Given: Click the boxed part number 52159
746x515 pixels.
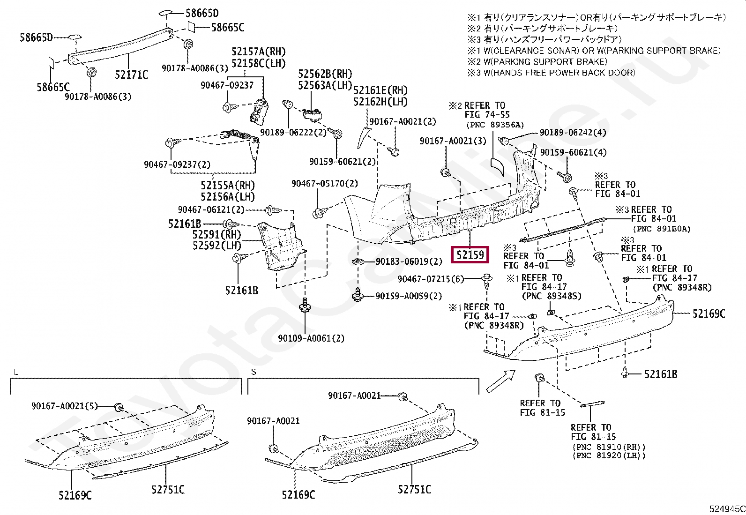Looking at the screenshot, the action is point(470,255).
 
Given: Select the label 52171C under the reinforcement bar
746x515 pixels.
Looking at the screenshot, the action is point(131,75).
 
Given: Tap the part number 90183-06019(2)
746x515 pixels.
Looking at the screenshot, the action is point(409,261).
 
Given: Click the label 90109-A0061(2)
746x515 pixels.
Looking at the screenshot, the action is point(311,338).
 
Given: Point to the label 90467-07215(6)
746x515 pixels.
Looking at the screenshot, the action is point(431,279).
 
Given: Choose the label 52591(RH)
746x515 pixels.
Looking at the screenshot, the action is point(216,234).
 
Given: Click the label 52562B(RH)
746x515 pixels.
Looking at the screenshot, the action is point(325,74).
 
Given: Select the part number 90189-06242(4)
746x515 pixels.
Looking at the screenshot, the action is point(573,133).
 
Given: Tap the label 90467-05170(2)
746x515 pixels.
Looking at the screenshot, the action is point(325,184).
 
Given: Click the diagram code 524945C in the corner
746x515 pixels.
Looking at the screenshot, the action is point(727,509).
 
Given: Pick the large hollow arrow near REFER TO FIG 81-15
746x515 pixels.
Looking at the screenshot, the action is point(500,381).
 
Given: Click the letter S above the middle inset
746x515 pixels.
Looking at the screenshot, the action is point(254,372).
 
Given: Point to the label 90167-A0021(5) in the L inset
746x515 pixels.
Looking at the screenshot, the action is point(65,406).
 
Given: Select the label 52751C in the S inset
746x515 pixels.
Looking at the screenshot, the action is point(414,489).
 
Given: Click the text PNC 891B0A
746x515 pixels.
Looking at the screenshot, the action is point(662,229).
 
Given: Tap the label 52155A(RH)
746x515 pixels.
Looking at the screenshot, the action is point(228,185).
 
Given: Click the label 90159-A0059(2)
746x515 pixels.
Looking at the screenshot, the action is point(409,296).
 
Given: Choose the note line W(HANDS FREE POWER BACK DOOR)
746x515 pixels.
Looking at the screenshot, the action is point(559,73).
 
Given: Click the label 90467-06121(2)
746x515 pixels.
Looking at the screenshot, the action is point(211,210).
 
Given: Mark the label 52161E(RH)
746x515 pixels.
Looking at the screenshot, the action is point(380,90).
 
